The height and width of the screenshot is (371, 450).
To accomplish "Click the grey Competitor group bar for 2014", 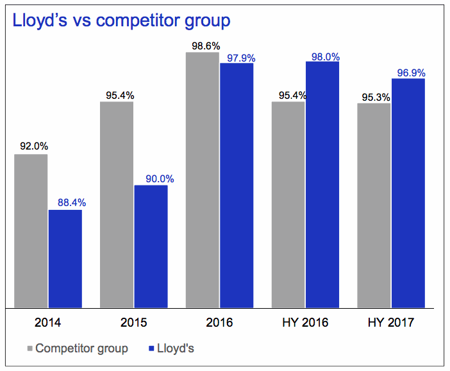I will [31, 230].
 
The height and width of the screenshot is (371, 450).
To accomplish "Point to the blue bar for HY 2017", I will [408, 193].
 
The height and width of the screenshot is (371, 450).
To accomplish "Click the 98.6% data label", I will [202, 46].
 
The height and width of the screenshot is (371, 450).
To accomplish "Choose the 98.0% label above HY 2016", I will [324, 56].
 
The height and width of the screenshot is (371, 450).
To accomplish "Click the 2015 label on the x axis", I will [134, 322].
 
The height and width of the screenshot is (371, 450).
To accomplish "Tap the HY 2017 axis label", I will [392, 322].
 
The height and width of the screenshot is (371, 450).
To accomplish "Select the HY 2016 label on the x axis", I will [306, 322].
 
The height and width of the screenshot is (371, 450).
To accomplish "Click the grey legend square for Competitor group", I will [29, 349].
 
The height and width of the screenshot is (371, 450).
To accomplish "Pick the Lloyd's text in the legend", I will [176, 349].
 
